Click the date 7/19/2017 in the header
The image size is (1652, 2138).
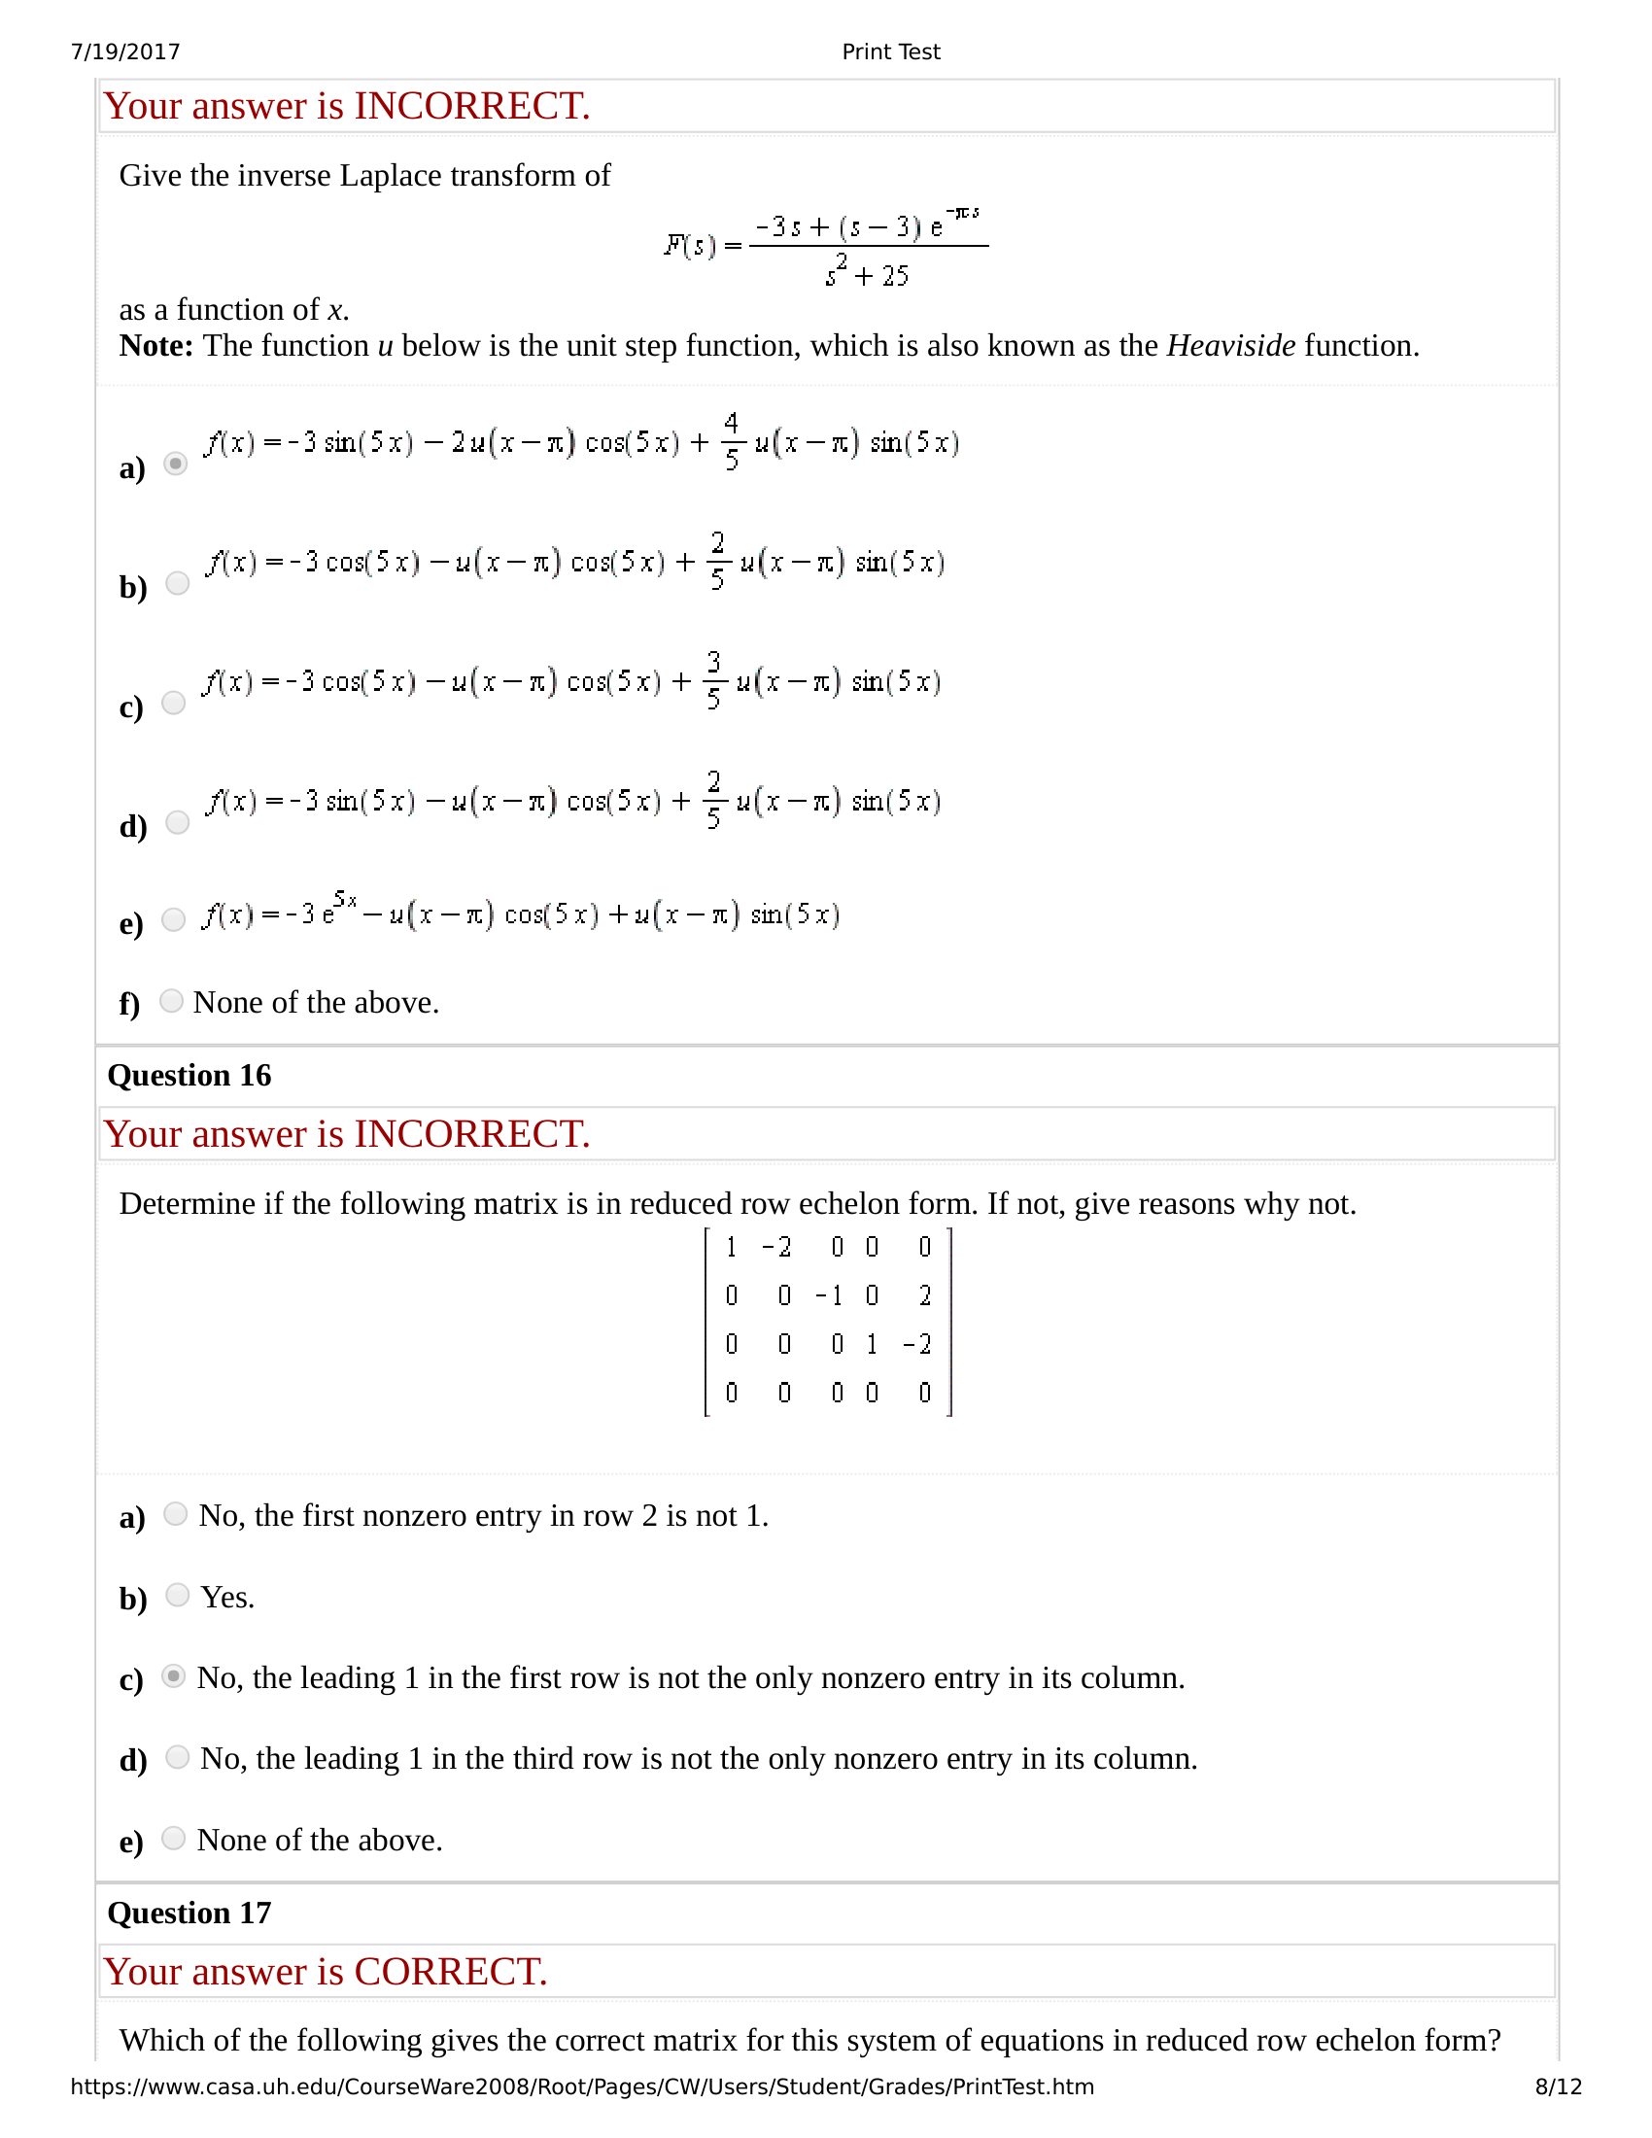pos(125,52)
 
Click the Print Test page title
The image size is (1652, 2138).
pos(890,52)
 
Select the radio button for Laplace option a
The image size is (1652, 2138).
pos(176,463)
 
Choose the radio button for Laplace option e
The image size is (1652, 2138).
pos(173,919)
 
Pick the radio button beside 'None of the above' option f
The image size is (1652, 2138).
pos(171,1000)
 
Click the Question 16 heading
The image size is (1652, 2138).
pos(189,1075)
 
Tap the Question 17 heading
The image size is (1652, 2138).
pos(189,1912)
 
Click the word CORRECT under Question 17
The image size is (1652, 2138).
pos(449,1972)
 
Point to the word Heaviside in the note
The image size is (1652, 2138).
pos(1230,346)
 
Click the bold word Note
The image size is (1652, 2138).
pos(155,346)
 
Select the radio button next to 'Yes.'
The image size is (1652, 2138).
pos(177,1595)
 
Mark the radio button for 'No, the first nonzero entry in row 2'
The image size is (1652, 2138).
pos(175,1513)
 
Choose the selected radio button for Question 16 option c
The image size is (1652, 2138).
pos(173,1676)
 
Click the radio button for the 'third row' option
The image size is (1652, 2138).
pos(177,1757)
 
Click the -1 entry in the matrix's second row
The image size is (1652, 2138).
pos(830,1295)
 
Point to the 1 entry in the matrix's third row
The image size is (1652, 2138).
pos(872,1344)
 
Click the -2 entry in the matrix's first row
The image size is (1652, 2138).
pos(777,1246)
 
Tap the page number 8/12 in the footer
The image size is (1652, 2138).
pos(1558,2086)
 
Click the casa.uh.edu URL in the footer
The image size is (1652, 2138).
pos(581,2086)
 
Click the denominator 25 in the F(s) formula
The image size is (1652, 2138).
pos(894,276)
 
